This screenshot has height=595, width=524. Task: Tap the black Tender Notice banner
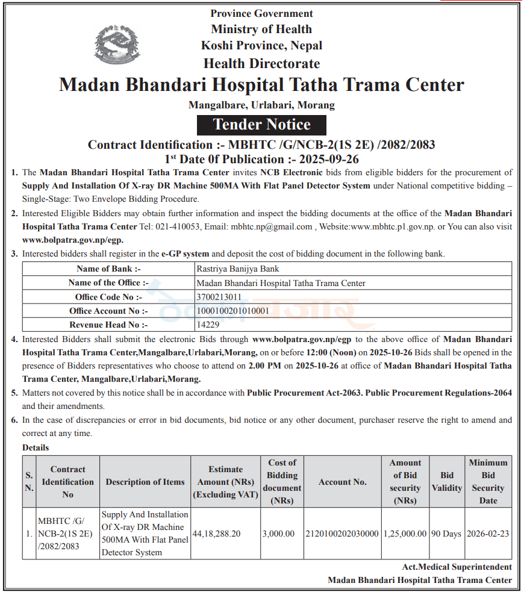click(x=262, y=125)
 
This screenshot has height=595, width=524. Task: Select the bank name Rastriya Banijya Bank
click(x=238, y=269)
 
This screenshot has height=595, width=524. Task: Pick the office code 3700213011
click(x=219, y=297)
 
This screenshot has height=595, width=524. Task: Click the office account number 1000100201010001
click(x=233, y=311)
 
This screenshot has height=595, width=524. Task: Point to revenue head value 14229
click(x=207, y=325)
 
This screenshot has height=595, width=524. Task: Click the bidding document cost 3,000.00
click(x=278, y=534)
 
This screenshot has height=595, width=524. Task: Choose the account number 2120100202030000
click(x=342, y=534)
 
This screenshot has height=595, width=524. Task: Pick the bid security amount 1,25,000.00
click(x=405, y=534)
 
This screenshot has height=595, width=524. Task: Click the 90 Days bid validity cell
click(x=446, y=534)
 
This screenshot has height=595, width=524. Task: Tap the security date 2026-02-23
click(x=488, y=534)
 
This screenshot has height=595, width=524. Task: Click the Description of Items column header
click(x=145, y=482)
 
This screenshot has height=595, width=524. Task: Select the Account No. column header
click(x=342, y=482)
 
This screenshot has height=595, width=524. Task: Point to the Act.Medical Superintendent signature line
click(x=457, y=567)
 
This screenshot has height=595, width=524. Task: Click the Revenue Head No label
click(x=108, y=325)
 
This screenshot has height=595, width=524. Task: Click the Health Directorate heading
click(x=261, y=63)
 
